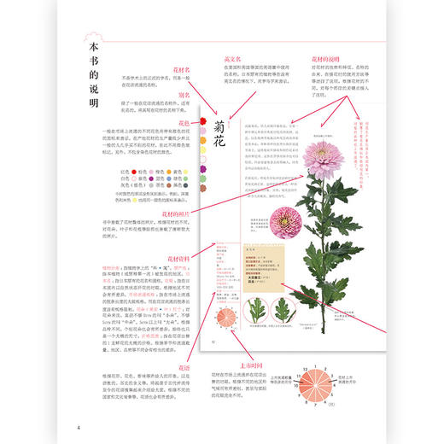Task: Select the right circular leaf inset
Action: click(282, 309)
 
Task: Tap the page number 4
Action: click(78, 427)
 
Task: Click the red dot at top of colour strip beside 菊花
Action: click(202, 123)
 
